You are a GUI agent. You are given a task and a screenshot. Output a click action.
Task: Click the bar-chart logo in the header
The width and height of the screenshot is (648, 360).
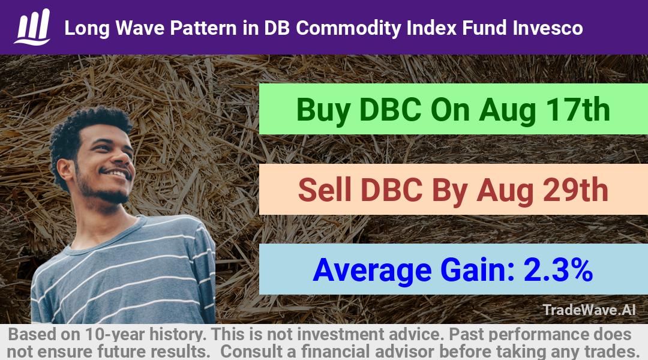click(x=32, y=26)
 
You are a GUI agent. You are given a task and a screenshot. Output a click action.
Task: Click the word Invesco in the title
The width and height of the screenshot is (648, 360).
click(x=548, y=28)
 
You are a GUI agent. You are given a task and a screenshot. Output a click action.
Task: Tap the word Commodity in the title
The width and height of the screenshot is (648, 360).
click(x=349, y=29)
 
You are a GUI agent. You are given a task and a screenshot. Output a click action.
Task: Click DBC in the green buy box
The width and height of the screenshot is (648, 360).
click(x=390, y=110)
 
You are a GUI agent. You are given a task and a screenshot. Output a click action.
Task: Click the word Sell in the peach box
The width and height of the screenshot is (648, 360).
click(x=325, y=190)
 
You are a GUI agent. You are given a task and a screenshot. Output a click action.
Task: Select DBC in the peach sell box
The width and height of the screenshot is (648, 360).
click(x=391, y=190)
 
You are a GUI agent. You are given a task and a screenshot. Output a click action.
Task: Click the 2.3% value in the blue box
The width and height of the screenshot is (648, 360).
click(x=558, y=270)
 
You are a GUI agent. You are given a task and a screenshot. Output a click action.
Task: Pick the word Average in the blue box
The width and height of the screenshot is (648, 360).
click(x=373, y=271)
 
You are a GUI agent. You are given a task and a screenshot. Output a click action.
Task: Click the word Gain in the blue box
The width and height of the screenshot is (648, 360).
click(x=478, y=270)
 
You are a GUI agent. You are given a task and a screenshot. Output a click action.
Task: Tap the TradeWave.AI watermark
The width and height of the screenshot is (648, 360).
click(x=589, y=310)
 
